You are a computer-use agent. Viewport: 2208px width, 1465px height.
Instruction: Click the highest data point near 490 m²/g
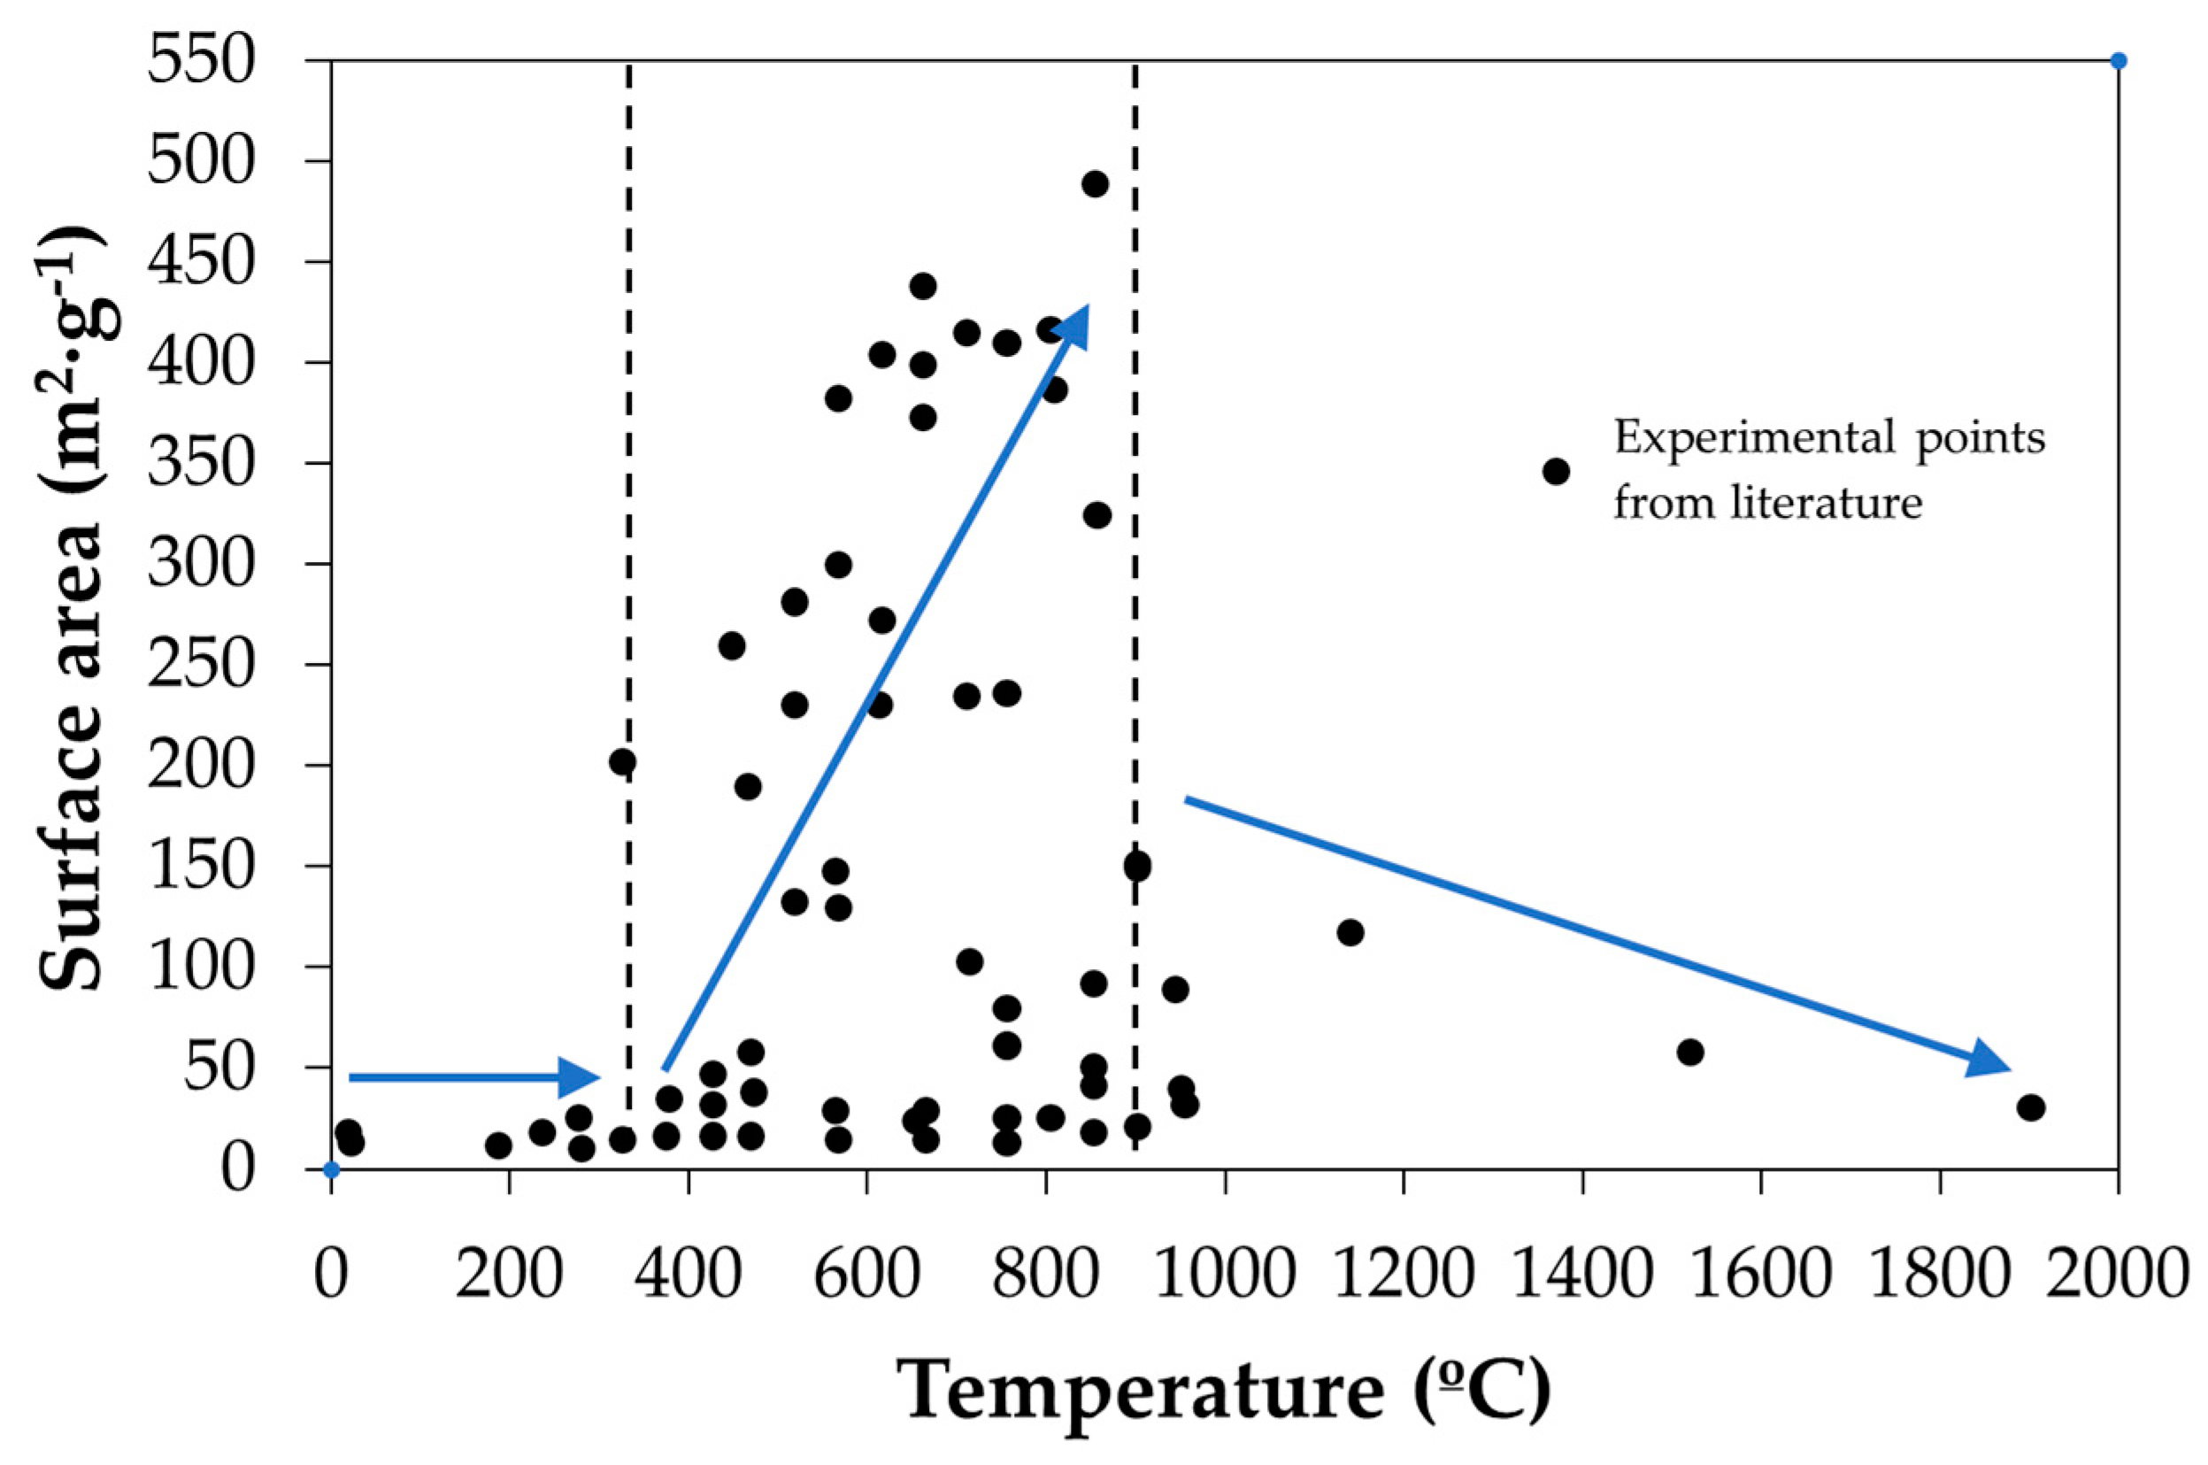tap(1095, 184)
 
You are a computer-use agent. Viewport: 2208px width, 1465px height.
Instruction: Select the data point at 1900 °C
tap(2030, 1108)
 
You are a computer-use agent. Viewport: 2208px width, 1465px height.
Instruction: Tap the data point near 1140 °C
tap(1350, 932)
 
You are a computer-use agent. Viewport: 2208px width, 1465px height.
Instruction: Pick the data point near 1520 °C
tap(1689, 1052)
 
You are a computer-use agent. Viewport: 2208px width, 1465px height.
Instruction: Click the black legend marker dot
tap(1556, 472)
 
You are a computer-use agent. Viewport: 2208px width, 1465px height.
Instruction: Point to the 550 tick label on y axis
tap(201, 63)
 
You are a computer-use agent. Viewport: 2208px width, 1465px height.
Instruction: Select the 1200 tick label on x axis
tap(1403, 1274)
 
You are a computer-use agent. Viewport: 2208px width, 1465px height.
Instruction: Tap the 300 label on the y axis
tap(201, 565)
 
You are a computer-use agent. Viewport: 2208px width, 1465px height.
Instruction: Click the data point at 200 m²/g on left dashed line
tap(622, 762)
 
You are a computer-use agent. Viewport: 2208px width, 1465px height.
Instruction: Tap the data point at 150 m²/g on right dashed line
tap(1136, 865)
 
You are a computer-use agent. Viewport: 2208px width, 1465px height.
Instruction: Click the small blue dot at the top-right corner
tap(2119, 62)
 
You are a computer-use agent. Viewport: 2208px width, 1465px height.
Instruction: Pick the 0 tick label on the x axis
tap(331, 1274)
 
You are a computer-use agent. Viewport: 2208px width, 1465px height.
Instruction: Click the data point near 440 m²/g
tap(922, 286)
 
